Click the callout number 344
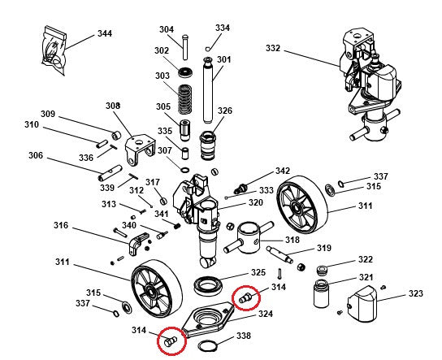click(x=105, y=34)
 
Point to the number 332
click(x=273, y=49)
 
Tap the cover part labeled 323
click(x=362, y=306)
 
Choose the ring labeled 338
click(x=206, y=347)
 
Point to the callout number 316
click(x=61, y=225)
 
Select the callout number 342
click(x=282, y=171)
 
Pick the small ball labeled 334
click(x=209, y=47)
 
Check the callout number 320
click(x=255, y=202)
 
